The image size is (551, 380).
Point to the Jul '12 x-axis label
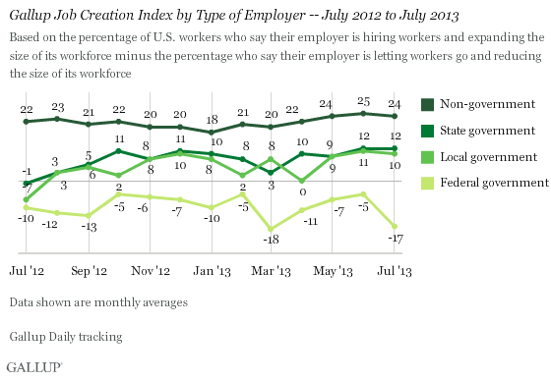point(26,268)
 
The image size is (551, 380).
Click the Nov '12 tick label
point(148,268)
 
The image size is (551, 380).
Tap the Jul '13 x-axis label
point(394,268)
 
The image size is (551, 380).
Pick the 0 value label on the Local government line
point(302,192)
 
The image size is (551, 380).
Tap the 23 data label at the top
point(57,108)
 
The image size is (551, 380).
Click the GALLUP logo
point(32,367)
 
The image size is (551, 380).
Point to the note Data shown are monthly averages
point(96,302)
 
